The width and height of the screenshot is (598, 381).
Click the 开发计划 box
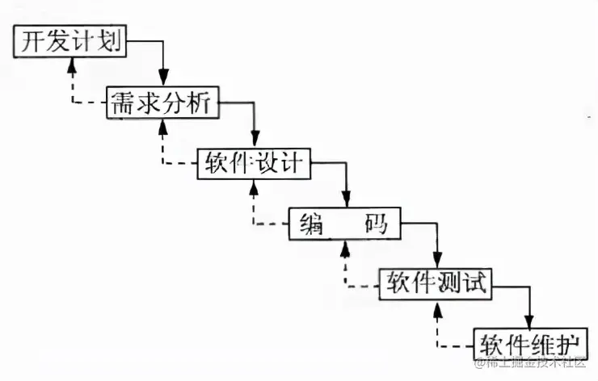pyautogui.click(x=70, y=41)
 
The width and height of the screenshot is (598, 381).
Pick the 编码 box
pyautogui.click(x=345, y=223)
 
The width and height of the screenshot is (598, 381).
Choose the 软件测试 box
pyautogui.click(x=436, y=281)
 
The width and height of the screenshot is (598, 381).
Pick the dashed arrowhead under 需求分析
pyautogui.click(x=164, y=125)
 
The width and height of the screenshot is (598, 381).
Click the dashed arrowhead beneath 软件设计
pyautogui.click(x=255, y=186)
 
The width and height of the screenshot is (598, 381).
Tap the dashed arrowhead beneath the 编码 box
pyautogui.click(x=346, y=245)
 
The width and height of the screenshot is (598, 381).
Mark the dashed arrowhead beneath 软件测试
pyautogui.click(x=438, y=305)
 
